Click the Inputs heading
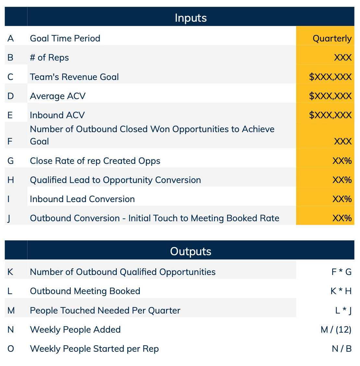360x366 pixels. point(191,18)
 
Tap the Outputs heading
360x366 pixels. point(190,251)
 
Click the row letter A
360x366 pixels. point(10,39)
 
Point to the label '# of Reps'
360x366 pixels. point(49,58)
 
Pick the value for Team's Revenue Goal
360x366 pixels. point(330,77)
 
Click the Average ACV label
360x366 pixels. point(58,96)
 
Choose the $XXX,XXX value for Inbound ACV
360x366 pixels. point(330,115)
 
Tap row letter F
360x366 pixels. point(10,141)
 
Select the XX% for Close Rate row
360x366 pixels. point(342,161)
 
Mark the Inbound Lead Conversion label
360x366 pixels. point(82,199)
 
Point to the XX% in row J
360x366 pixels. point(342,218)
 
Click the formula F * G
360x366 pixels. point(341,272)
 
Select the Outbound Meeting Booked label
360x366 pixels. point(85,291)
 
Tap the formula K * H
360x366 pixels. point(341,291)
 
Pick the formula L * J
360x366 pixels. point(343,310)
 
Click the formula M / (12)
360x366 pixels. point(336,330)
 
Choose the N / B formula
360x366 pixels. point(342,349)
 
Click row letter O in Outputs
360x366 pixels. point(11,349)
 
